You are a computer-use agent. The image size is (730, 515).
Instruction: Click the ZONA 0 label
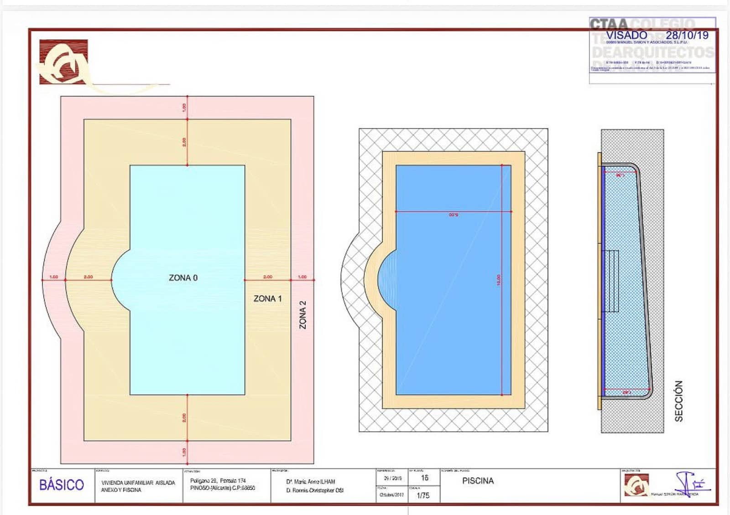pos(183,278)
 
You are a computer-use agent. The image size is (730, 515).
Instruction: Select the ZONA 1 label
pos(267,299)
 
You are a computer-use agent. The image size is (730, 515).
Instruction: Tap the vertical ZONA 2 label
pos(302,314)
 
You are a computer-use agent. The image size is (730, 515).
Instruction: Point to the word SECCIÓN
pos(679,401)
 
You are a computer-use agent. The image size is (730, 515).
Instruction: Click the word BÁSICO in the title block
pos(62,485)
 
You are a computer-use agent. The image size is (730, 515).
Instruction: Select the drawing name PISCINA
pos(478,481)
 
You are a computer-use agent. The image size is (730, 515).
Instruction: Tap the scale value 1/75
pos(423,495)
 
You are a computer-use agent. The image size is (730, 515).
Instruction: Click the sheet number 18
pos(425,478)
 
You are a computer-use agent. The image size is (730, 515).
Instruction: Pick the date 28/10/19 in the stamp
pos(687,35)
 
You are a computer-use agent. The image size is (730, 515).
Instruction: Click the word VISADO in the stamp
pos(626,35)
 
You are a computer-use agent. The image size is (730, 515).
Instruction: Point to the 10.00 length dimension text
pos(499,280)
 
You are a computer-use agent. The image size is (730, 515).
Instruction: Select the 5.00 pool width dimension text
pos(453,215)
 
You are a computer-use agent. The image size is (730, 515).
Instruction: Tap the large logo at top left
pos(63,62)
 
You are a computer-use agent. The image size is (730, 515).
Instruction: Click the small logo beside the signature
pos(636,485)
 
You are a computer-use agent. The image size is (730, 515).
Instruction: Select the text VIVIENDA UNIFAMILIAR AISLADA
pos(138,483)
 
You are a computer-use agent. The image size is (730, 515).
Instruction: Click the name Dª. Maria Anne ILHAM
pos(311,482)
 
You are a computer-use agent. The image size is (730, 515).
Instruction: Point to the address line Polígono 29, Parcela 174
pos(218,481)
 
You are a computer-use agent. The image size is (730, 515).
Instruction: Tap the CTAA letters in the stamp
pos(609,24)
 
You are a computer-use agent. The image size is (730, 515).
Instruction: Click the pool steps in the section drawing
pos(610,281)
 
